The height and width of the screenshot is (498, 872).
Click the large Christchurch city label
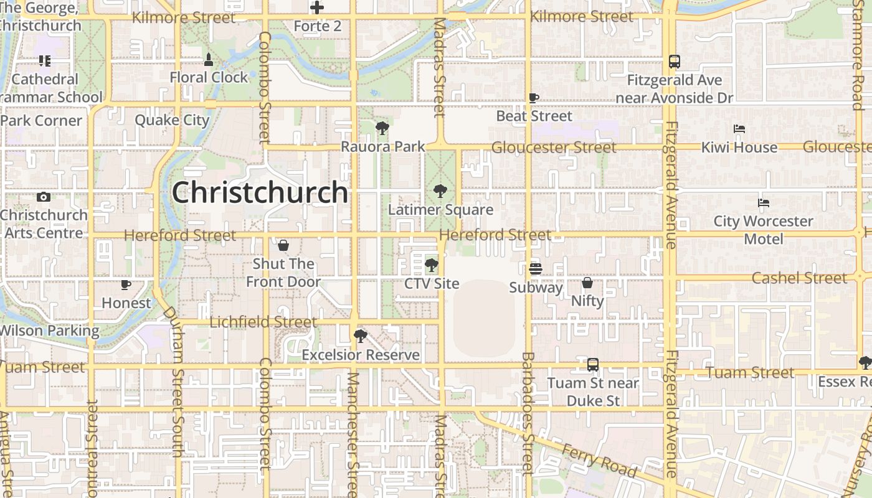point(260,192)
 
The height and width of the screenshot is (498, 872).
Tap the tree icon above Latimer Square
point(440,191)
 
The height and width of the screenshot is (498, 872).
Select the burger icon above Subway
point(535,269)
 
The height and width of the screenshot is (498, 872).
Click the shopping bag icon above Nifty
point(587,283)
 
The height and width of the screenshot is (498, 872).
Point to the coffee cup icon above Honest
point(126,285)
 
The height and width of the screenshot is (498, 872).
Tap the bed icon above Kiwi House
point(739,129)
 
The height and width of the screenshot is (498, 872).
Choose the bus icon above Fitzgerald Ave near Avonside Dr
point(674,62)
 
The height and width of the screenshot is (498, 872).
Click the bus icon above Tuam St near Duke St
point(593,365)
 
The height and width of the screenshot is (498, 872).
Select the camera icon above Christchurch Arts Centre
point(44,197)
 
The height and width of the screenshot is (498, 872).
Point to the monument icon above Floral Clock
point(209,60)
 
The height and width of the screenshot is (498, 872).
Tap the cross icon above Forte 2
point(317,8)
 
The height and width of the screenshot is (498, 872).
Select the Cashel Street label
point(800,278)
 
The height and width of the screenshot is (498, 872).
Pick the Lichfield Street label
point(263,322)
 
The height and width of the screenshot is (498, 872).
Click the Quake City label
point(172,120)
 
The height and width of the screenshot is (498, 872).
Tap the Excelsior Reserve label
point(361,355)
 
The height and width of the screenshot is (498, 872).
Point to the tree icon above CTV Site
point(431,266)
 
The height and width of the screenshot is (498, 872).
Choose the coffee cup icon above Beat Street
point(534,98)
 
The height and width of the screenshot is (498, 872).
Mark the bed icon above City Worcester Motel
point(764,203)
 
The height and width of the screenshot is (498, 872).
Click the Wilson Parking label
point(50,331)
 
